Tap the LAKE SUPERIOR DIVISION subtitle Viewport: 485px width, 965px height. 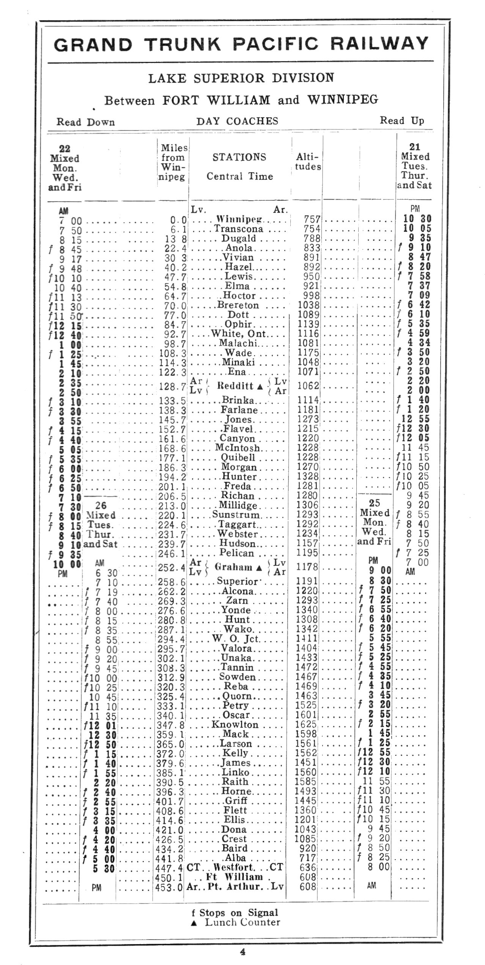point(241,78)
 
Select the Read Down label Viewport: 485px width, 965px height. point(85,122)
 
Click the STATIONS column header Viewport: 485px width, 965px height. point(239,157)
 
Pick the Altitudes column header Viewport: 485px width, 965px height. point(308,162)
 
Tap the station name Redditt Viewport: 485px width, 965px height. point(235,386)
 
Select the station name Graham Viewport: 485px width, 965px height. point(233,567)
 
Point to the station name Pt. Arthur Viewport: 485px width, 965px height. point(235,887)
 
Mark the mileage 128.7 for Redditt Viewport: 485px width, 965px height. point(173,387)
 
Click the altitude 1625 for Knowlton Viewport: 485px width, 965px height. point(306,724)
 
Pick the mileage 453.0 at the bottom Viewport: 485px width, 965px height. point(169,887)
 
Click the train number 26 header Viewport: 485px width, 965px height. point(101,505)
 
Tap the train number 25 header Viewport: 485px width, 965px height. point(375,503)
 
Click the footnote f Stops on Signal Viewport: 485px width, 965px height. point(235,913)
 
